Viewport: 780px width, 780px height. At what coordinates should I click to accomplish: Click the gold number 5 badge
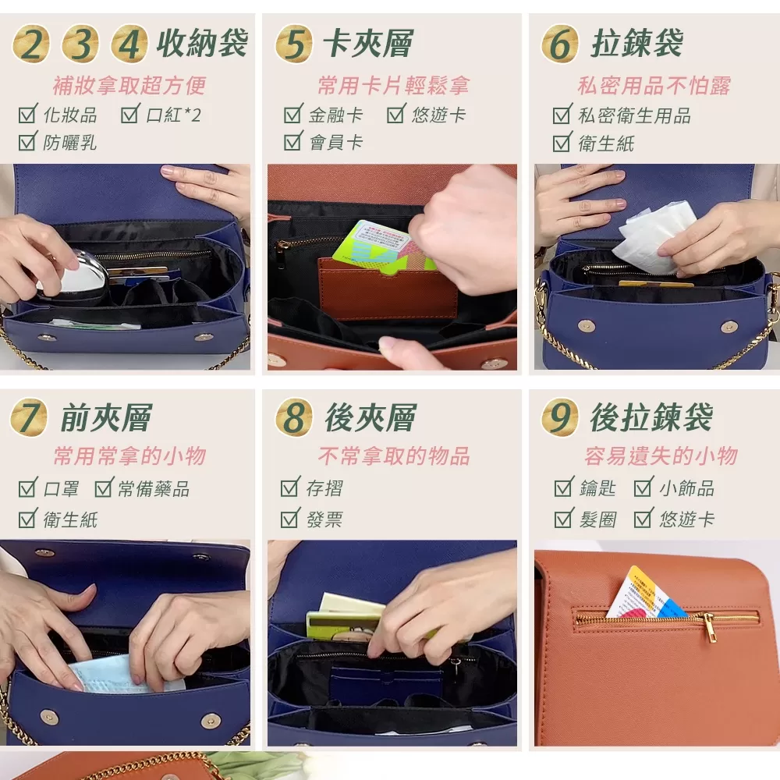pos(293,44)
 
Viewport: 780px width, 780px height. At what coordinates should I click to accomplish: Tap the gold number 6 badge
pos(559,44)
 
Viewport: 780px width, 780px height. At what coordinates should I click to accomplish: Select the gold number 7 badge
pos(28,418)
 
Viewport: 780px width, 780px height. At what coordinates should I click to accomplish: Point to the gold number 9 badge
pos(559,417)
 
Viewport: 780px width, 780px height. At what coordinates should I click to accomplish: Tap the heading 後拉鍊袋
pos(651,418)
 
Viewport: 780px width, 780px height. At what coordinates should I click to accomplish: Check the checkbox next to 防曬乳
pos(28,142)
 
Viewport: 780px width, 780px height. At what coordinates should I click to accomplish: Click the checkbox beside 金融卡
pos(293,115)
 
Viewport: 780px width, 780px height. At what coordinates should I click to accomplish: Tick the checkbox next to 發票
pos(290,518)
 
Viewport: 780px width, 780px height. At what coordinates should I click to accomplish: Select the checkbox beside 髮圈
pos(563,518)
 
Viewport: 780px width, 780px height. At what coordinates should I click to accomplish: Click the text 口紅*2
pos(173,115)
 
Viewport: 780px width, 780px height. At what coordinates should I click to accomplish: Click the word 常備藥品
pos(154,489)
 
